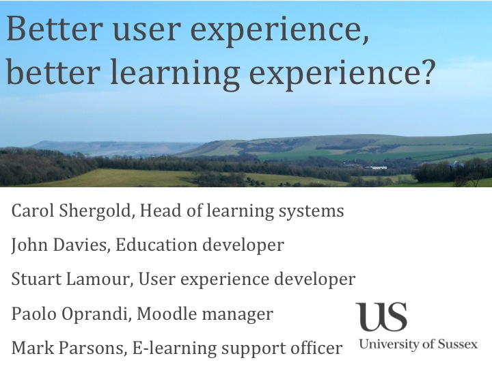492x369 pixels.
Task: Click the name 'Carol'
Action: (31, 211)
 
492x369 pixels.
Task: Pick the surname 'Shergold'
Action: (93, 211)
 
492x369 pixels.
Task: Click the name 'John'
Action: (29, 245)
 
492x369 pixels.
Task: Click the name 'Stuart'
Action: (34, 279)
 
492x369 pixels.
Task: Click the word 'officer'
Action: (313, 348)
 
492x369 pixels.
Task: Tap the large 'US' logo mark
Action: (381, 317)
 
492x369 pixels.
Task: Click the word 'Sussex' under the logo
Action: (456, 344)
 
